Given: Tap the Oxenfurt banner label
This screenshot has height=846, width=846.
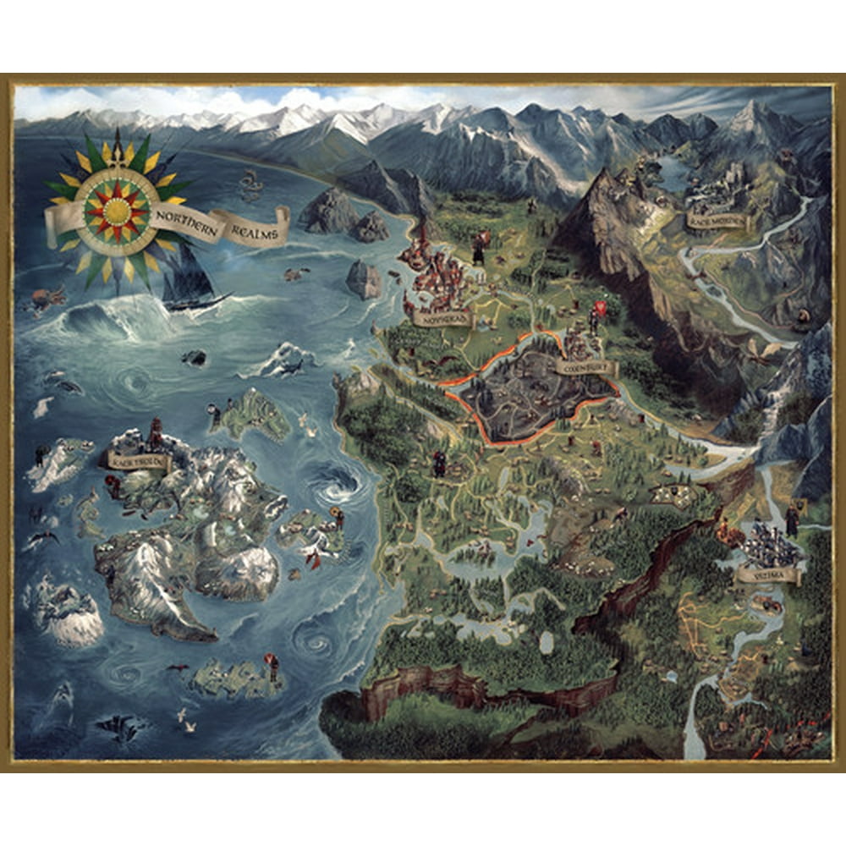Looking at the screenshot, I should [586, 368].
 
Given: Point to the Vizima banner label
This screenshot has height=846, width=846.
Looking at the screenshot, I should [768, 575].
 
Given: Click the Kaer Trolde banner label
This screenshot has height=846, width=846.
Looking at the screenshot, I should [138, 459].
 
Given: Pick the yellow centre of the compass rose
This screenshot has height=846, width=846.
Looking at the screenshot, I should [117, 207].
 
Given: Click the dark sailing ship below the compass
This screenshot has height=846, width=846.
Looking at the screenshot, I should [193, 279].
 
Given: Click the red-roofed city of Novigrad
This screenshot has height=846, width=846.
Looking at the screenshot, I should [431, 271].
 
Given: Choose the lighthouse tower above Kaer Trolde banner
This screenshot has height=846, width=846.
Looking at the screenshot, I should [155, 431].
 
